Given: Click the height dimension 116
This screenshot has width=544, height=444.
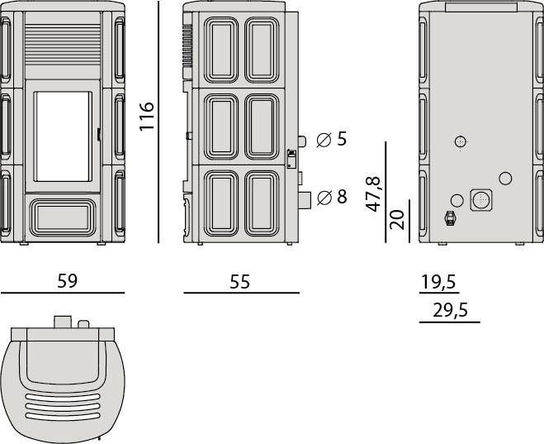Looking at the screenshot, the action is (146, 117).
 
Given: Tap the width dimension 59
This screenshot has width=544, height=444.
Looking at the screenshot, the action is (68, 281).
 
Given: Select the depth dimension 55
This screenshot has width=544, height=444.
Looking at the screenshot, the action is (239, 282).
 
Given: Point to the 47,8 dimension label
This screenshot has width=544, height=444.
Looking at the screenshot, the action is (373, 194).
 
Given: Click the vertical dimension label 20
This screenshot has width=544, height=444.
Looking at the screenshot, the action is (397, 220).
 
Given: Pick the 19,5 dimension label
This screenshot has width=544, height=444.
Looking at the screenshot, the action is (438, 282).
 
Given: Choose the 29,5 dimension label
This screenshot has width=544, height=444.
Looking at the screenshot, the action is (451, 310).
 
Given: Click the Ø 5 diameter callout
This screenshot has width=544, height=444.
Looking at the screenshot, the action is (332, 139).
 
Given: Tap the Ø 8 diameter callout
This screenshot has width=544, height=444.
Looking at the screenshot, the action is (332, 197).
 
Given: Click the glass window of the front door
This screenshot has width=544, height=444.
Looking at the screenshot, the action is (63, 136).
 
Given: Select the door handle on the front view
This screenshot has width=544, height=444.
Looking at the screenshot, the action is (99, 134).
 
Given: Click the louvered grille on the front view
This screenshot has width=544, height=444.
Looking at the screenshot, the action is (63, 45).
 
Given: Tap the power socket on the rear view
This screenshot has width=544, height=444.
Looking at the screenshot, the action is (451, 218).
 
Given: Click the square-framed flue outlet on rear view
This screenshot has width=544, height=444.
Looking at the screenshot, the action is (481, 200).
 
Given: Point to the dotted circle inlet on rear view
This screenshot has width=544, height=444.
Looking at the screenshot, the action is (461, 141).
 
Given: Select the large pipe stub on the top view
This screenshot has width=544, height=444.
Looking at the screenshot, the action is (63, 322).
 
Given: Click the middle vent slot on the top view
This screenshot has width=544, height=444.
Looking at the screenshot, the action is (63, 406).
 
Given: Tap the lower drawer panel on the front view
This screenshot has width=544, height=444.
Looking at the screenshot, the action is (63, 216).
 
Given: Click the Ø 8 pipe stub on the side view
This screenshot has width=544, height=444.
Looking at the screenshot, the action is (305, 199).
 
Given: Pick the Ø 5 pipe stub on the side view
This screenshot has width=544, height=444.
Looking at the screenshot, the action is (302, 141).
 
